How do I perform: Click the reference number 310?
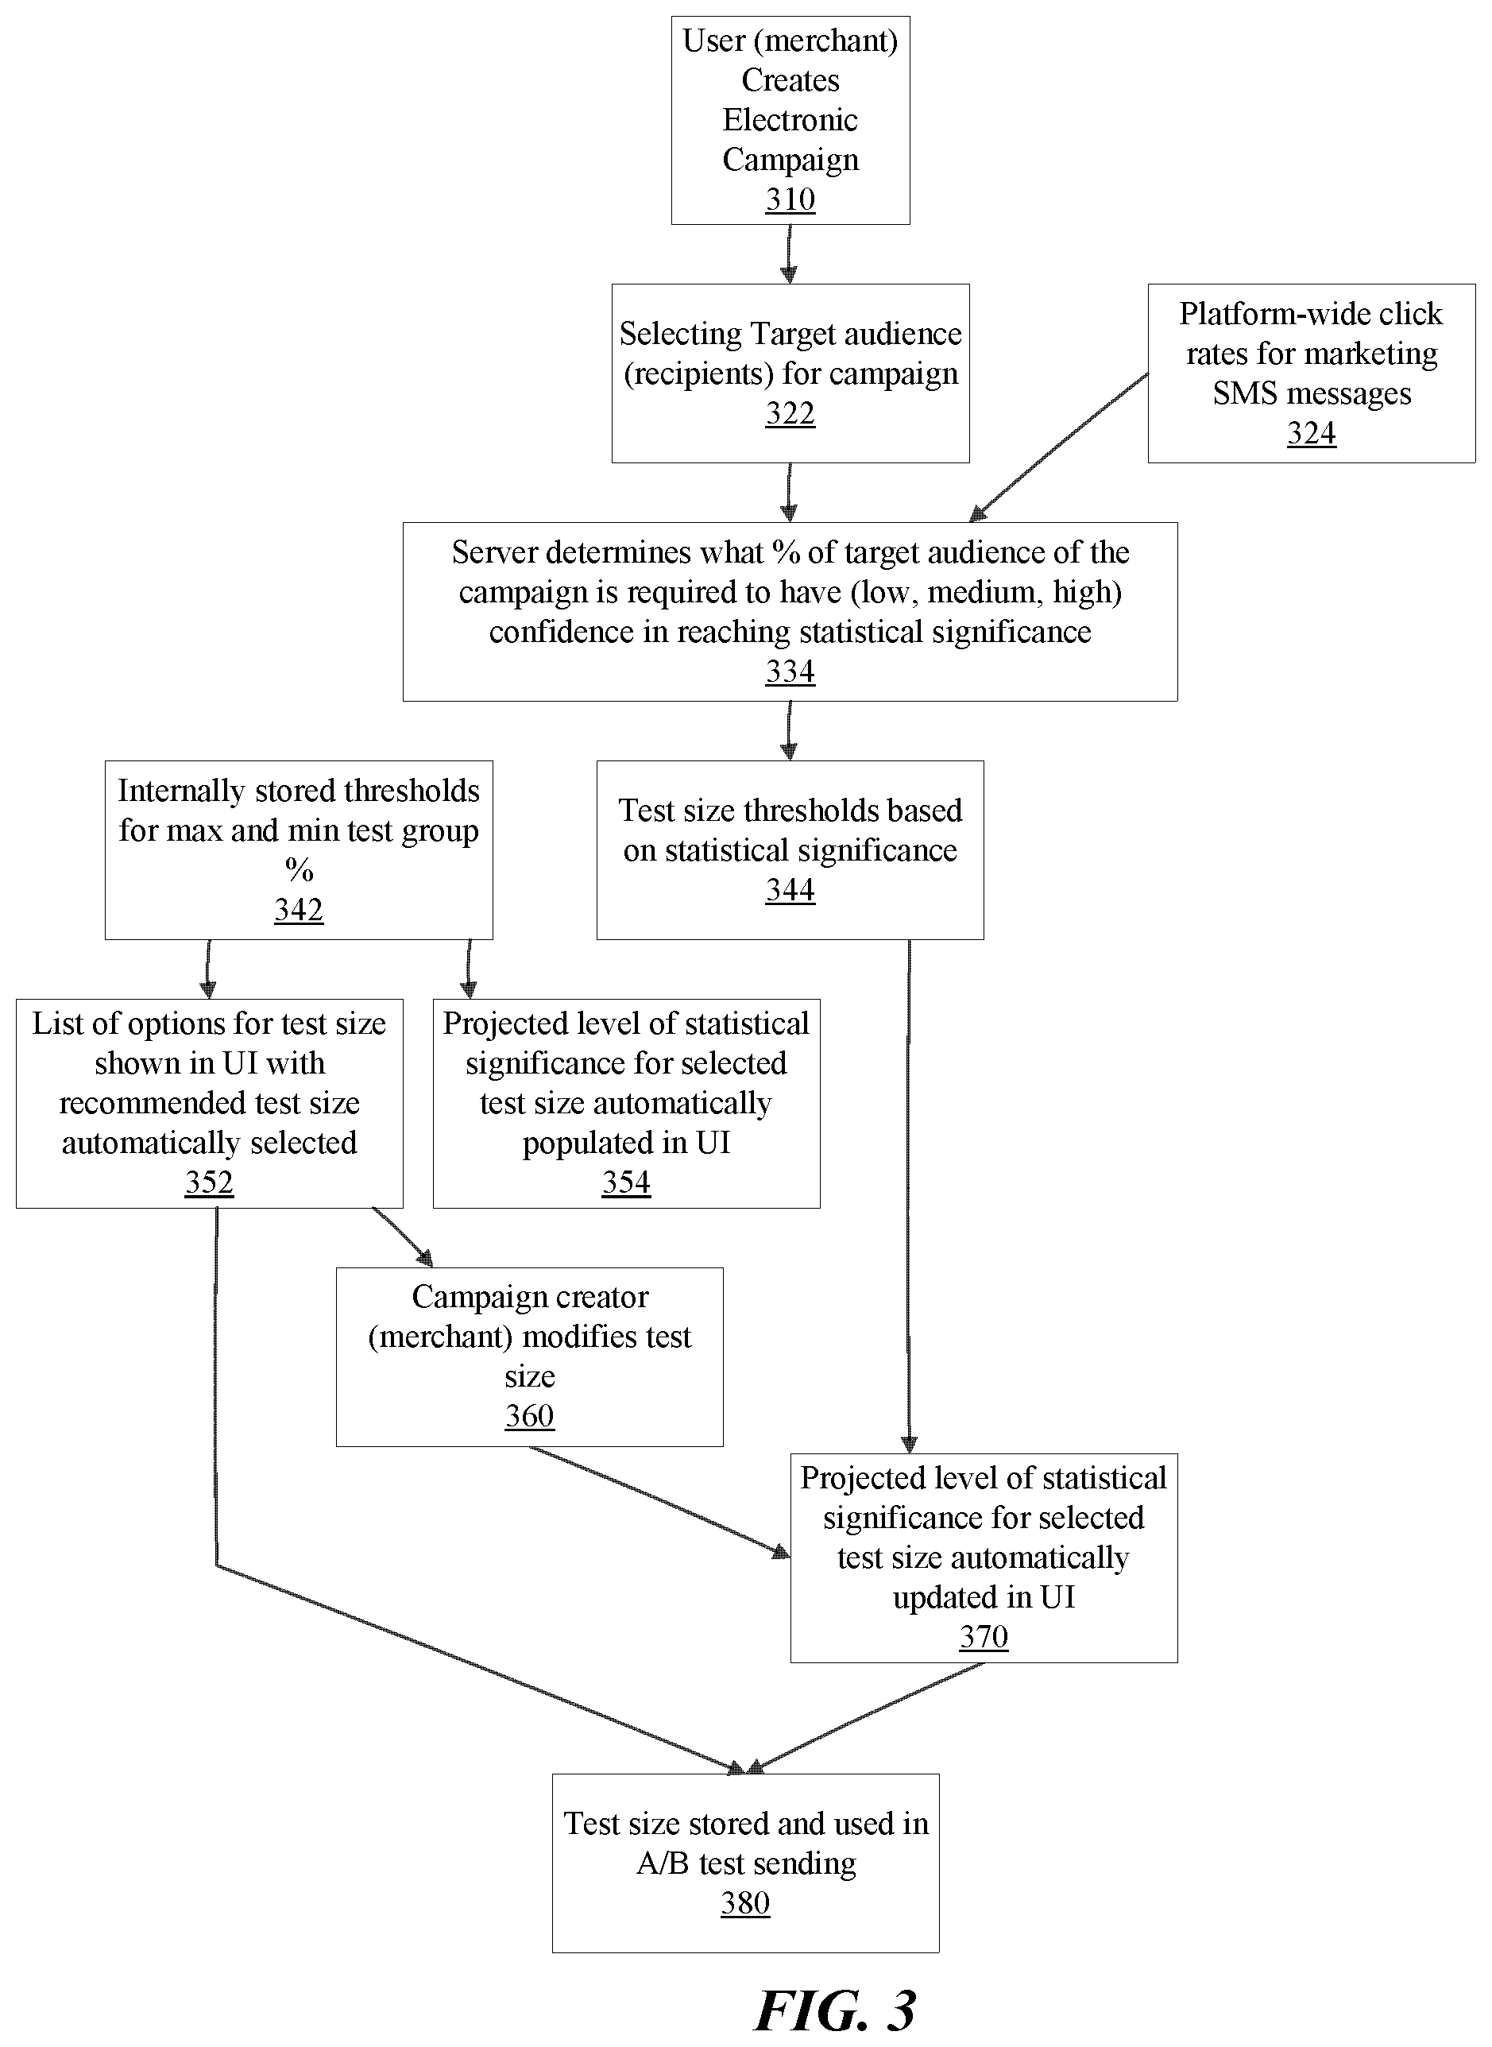point(790,199)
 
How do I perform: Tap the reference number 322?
point(790,413)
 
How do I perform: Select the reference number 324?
point(1312,433)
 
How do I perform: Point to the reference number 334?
point(790,671)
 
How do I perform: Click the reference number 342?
point(299,909)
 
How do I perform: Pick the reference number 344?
point(790,890)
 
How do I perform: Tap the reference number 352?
point(209,1182)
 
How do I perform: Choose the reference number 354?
point(626,1182)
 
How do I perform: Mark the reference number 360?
point(529,1414)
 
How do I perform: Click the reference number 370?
point(984,1636)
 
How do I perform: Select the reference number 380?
point(745,1902)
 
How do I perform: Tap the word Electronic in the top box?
point(790,119)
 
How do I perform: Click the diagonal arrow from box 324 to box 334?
point(1058,447)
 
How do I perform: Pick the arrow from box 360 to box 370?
point(659,1501)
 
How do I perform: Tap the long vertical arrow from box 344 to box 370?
point(909,1196)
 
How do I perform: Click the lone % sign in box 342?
point(299,869)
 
